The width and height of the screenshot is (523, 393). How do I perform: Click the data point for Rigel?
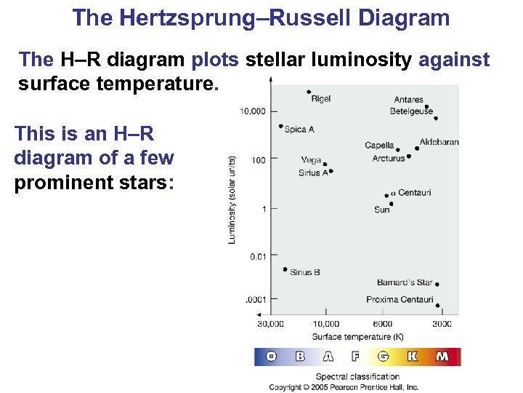coord(309,92)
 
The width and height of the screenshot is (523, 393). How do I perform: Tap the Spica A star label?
coord(299,130)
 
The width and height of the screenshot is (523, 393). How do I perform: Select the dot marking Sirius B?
coord(285,269)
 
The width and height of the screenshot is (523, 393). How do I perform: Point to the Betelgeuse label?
coord(411,111)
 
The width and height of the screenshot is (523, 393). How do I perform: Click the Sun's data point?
coord(390,204)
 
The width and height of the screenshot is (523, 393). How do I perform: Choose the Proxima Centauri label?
coord(400,299)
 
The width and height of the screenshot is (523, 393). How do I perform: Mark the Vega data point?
coord(325,164)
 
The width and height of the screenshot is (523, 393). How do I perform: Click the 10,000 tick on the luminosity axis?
coord(252,111)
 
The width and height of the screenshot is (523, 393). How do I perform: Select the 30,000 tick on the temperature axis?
coord(270,323)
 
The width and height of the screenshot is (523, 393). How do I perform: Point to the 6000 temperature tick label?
coord(382,323)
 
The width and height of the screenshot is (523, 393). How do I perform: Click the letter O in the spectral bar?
coord(271,357)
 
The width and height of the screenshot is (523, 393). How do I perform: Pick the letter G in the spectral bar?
coord(383,357)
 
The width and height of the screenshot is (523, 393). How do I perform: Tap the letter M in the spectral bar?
coord(442,357)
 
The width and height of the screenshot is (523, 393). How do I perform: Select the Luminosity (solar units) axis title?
coord(232,199)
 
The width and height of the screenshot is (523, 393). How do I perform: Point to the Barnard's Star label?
coord(405,282)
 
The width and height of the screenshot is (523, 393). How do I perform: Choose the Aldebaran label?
coord(439,142)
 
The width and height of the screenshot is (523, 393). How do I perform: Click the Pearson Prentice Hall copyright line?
coord(344,387)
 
